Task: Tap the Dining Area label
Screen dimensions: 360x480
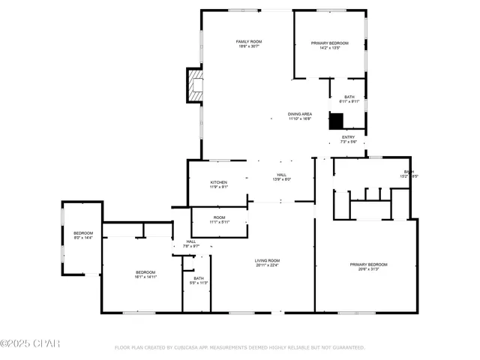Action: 299,114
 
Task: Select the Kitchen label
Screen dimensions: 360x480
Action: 218,182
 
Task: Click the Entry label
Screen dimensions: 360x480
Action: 348,137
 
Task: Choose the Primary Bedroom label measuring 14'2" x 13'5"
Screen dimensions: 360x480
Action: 330,43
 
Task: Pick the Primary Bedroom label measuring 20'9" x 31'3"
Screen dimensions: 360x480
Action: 368,264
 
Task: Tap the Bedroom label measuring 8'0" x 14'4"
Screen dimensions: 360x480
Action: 82,233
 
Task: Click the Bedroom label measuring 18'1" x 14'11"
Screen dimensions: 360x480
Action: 145,271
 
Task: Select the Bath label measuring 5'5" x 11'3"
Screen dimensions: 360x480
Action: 198,278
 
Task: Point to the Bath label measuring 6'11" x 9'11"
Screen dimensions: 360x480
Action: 349,97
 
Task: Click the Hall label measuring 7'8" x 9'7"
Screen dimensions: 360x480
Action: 191,241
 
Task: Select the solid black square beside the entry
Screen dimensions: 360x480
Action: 337,121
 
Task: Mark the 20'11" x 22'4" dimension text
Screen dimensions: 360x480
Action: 266,265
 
